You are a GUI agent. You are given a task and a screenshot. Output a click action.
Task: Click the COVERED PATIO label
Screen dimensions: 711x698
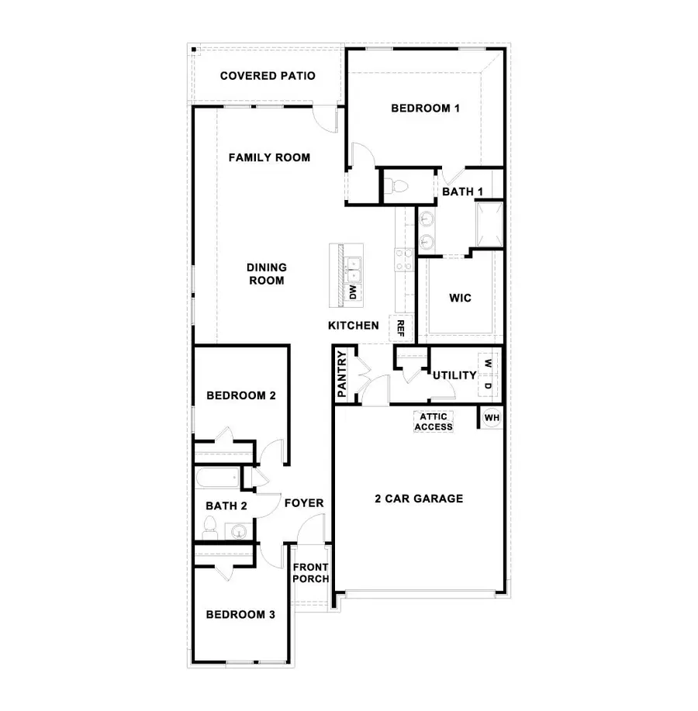tap(267, 76)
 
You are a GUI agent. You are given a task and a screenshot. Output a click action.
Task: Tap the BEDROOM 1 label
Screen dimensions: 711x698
tap(425, 109)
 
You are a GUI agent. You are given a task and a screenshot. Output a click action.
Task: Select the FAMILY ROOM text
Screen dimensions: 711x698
tap(269, 157)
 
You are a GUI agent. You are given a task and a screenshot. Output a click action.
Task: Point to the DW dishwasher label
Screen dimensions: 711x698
tap(352, 292)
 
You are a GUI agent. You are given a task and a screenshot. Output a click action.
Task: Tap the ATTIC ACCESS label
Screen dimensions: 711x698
tap(435, 421)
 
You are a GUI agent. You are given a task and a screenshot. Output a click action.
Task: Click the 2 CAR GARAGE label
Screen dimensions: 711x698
tap(419, 499)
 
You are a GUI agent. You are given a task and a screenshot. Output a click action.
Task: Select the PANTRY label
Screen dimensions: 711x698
tap(342, 375)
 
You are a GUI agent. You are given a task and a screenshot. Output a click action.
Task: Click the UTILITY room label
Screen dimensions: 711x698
tap(454, 375)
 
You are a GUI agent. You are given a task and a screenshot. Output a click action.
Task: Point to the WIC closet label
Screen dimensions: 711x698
tap(460, 298)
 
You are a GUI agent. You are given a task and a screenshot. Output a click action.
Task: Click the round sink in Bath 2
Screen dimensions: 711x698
tap(238, 532)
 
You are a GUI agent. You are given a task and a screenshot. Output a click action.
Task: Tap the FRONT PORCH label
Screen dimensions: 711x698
tap(311, 573)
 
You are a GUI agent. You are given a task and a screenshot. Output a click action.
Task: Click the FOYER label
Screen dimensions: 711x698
tap(303, 503)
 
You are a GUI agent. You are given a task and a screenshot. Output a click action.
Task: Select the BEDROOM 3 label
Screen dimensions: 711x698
tap(240, 615)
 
